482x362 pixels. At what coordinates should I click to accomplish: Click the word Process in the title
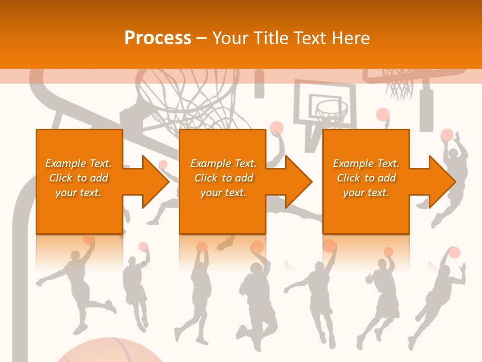(158, 38)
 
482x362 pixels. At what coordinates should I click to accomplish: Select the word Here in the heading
(350, 38)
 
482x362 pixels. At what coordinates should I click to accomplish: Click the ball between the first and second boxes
(163, 164)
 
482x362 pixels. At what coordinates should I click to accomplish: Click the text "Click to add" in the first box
(79, 178)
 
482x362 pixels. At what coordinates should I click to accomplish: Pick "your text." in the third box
(366, 193)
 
